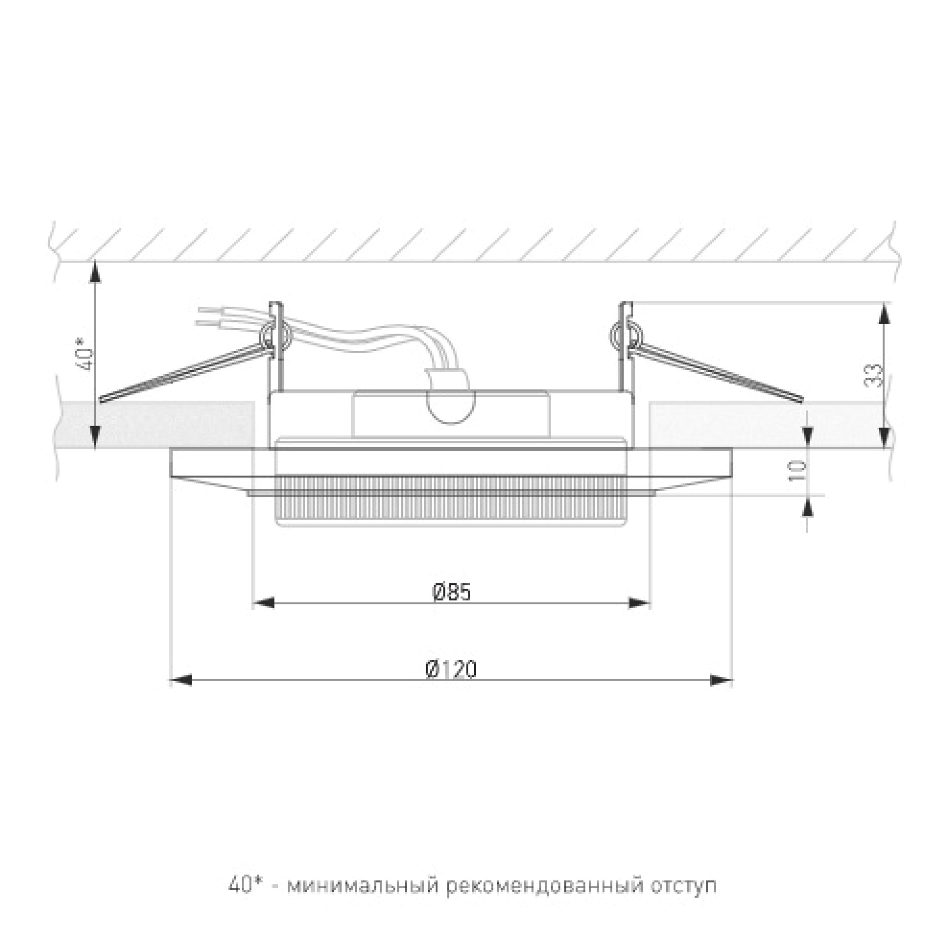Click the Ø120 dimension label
coord(451,670)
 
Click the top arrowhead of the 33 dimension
coord(884,313)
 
